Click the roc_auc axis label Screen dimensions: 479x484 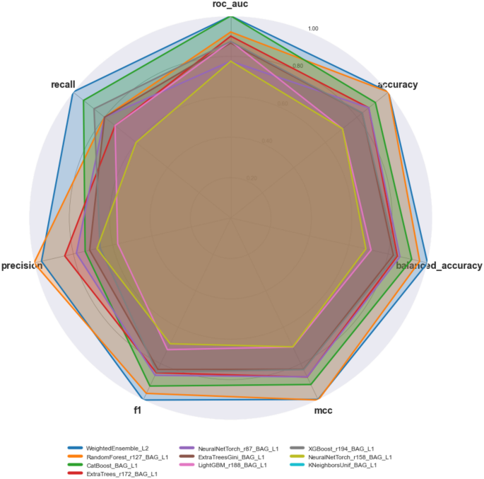coord(230,5)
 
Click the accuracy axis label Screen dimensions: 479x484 coord(398,85)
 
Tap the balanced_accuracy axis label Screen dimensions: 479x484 coord(439,266)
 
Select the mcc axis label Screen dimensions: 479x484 coord(324,410)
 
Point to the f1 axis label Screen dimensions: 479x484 coord(138,410)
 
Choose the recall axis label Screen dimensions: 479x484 coord(63,85)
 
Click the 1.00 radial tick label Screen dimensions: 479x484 coord(313,29)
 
